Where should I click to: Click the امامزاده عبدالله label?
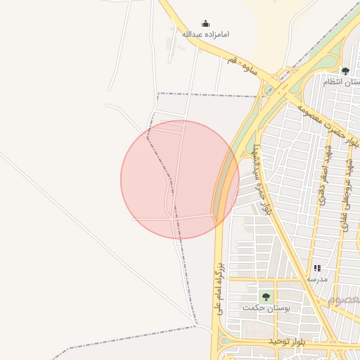(x=205, y=34)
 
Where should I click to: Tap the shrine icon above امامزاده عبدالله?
(x=205, y=23)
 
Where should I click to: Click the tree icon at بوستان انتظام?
(x=345, y=71)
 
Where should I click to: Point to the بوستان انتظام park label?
(x=342, y=82)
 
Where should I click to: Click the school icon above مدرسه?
(x=317, y=268)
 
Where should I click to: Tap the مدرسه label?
(x=316, y=279)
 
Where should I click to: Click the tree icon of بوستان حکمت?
(x=265, y=296)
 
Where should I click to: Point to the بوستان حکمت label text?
(x=260, y=308)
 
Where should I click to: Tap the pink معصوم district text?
(x=342, y=300)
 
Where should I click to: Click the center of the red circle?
(x=180, y=179)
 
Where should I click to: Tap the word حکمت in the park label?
(x=251, y=308)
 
